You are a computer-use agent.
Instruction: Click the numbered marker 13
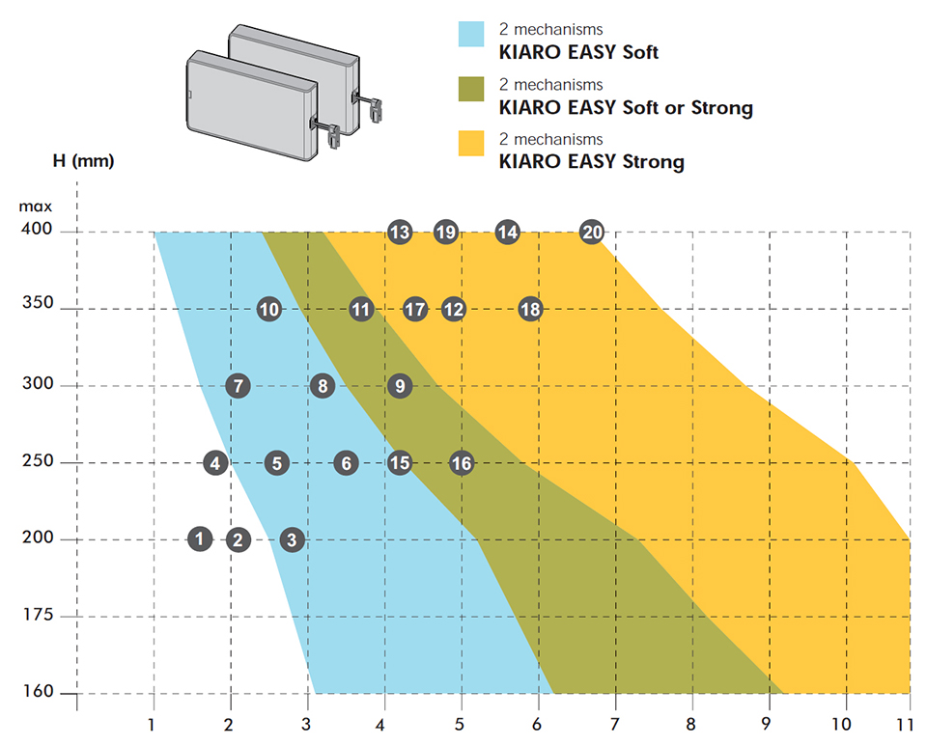(x=400, y=232)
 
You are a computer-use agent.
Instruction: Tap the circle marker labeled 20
(x=592, y=232)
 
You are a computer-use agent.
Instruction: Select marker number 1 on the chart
(x=199, y=538)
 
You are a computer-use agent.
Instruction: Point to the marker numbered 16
(x=462, y=463)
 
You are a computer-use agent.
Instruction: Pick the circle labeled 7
(x=238, y=386)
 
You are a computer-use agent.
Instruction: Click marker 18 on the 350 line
(x=530, y=309)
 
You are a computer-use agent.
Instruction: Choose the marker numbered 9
(x=400, y=386)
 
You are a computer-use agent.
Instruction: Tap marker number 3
(x=292, y=539)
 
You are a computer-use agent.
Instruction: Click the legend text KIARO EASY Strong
(x=591, y=161)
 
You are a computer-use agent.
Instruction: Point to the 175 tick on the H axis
(x=40, y=616)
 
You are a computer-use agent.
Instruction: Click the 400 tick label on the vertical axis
(x=40, y=232)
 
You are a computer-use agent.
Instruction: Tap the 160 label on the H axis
(x=40, y=693)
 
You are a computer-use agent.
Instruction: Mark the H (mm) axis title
(x=83, y=161)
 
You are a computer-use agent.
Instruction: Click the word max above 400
(x=39, y=206)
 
